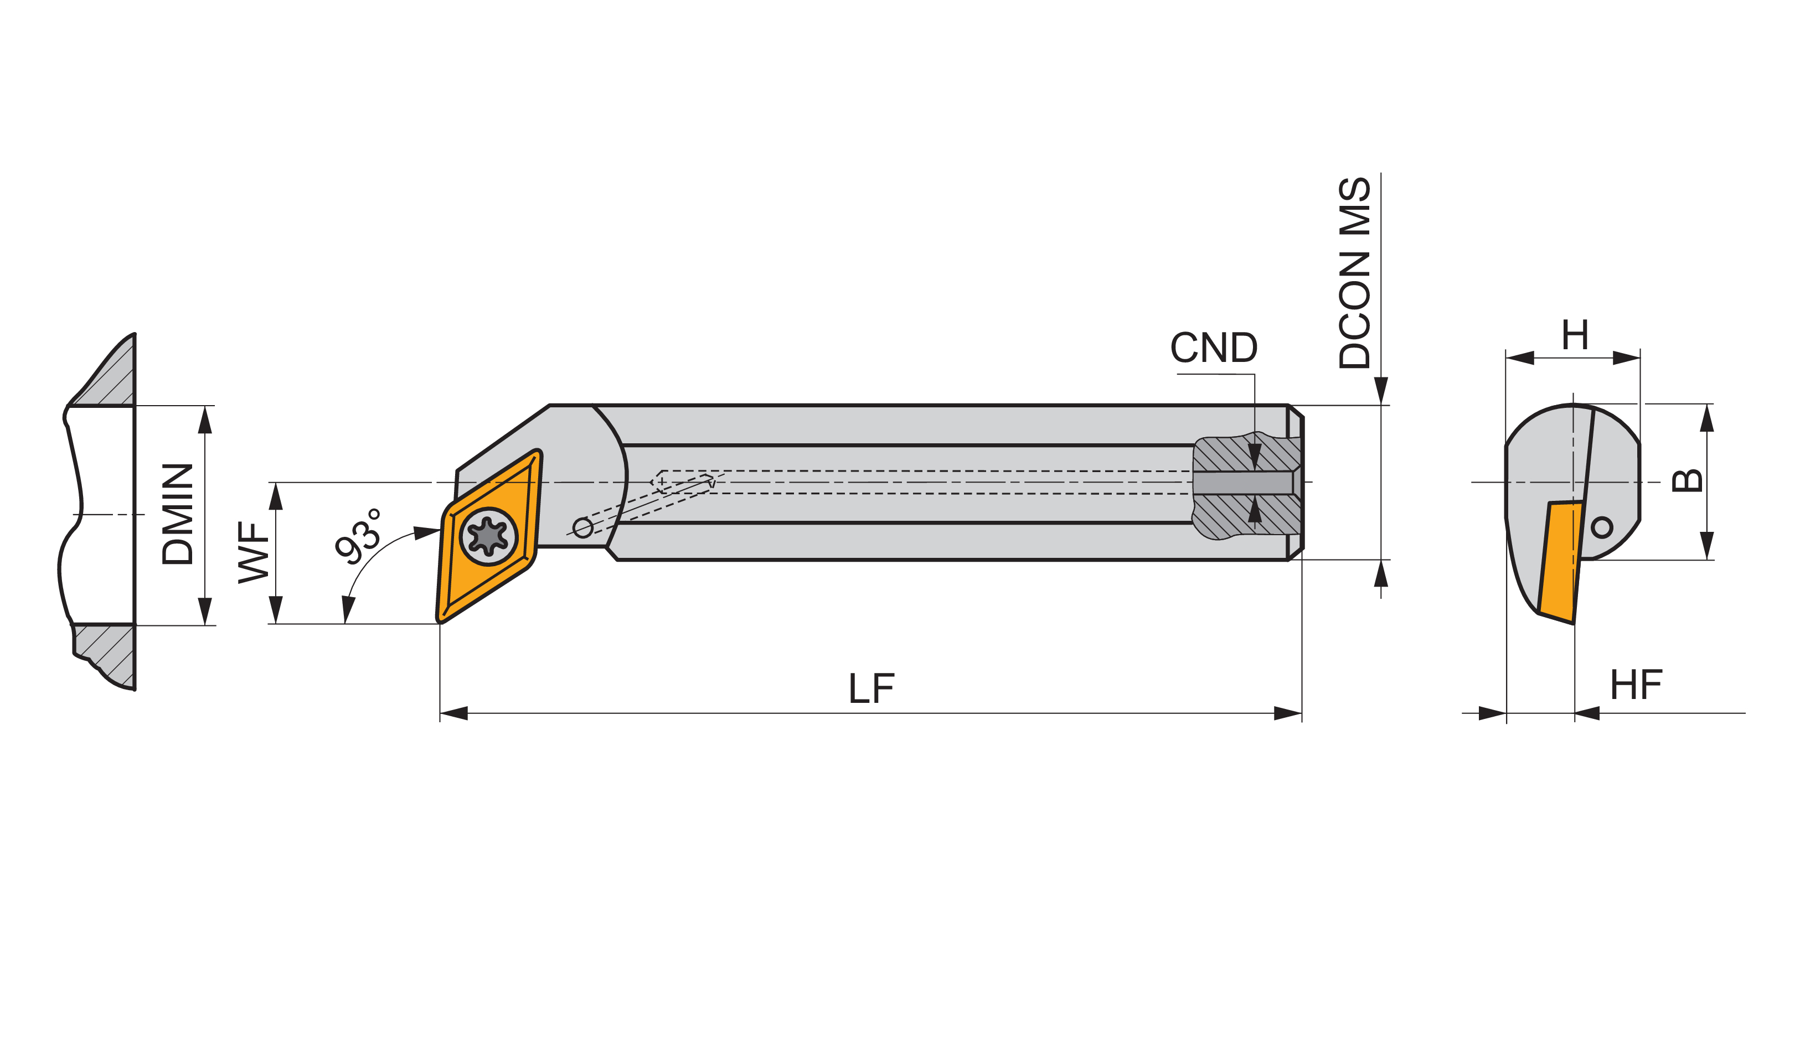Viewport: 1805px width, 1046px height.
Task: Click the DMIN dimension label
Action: [x=178, y=515]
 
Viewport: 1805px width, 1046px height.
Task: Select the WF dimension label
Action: [x=254, y=553]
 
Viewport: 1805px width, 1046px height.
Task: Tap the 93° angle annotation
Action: [x=358, y=536]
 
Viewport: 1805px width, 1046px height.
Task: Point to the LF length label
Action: [x=871, y=688]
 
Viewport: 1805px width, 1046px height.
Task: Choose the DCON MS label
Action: [x=1354, y=273]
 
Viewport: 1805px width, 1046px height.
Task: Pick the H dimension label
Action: [x=1575, y=335]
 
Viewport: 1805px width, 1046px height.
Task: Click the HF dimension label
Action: [x=1637, y=685]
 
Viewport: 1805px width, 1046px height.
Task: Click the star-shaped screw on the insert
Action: [x=488, y=536]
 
